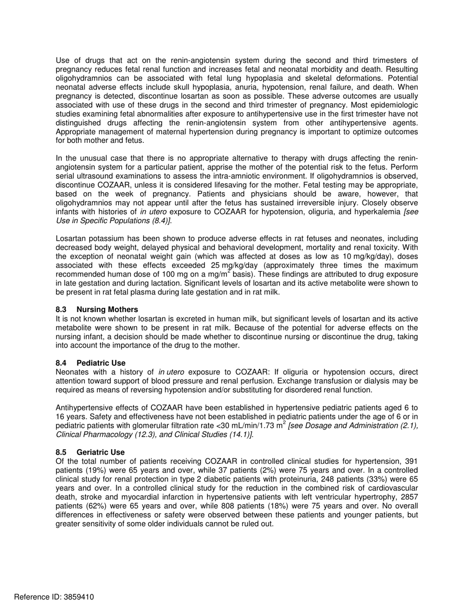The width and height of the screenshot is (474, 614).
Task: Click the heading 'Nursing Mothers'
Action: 107,309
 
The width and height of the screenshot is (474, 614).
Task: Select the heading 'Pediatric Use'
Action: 101,363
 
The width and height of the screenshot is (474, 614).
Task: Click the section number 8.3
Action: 61,309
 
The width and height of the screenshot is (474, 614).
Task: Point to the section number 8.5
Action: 61,452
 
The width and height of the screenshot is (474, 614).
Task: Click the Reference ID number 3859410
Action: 75,597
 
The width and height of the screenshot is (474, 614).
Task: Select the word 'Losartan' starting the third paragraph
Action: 70,239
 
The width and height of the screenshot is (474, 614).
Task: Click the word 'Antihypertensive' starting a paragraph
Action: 83,408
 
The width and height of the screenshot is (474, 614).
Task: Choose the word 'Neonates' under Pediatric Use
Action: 71,372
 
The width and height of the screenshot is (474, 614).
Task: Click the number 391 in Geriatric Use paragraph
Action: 410,461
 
